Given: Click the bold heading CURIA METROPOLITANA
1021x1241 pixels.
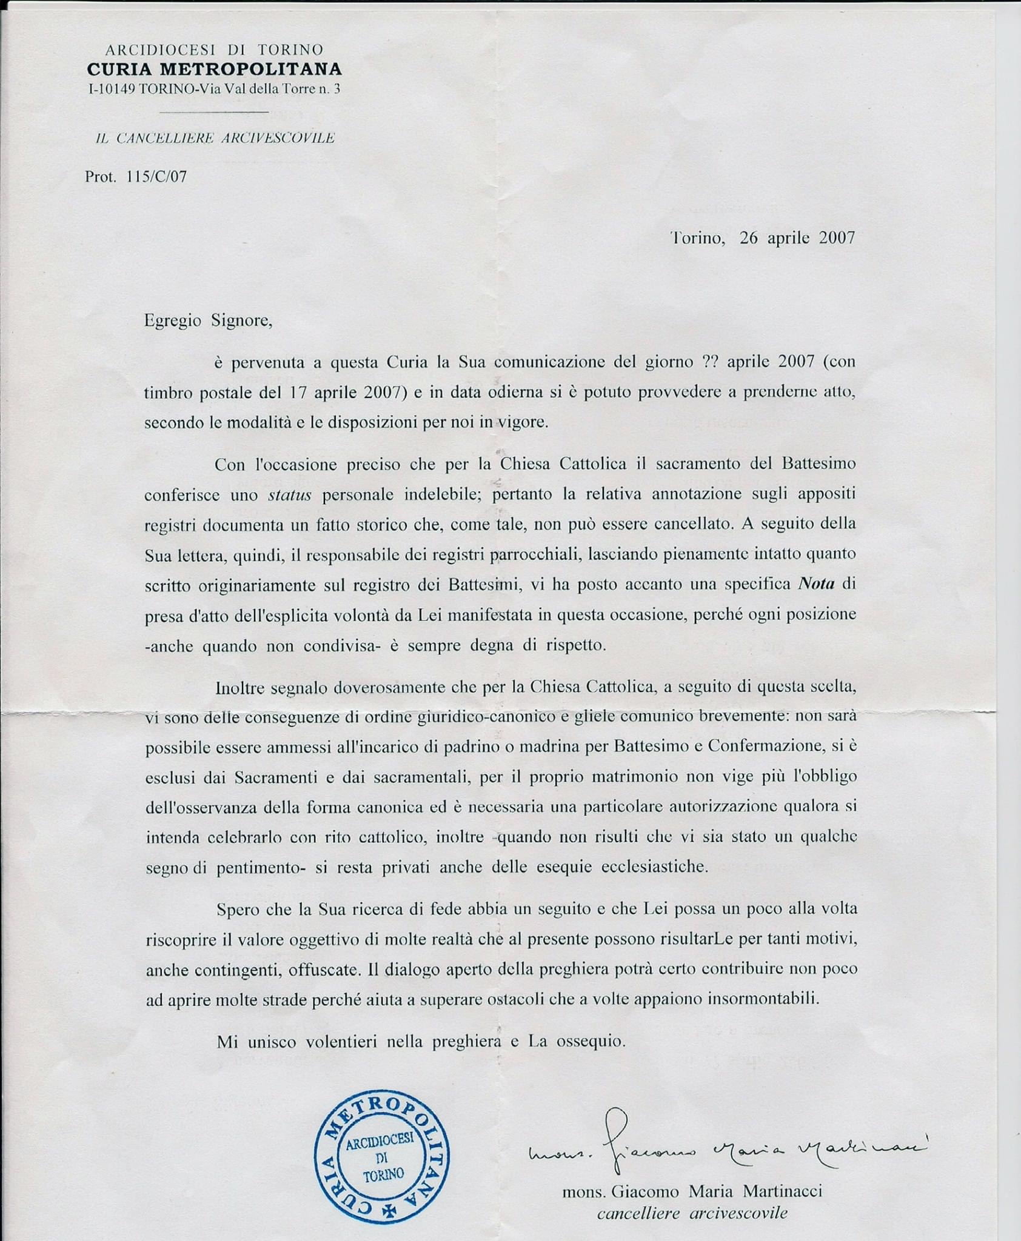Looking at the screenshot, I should tap(214, 69).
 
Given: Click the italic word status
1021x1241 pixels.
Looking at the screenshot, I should tap(289, 495).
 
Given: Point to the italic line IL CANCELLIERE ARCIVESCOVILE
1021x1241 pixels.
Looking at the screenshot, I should tap(215, 138).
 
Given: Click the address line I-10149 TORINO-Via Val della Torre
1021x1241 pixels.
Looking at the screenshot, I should tap(214, 89).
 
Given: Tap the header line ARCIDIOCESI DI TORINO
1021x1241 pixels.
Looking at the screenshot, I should tap(214, 49).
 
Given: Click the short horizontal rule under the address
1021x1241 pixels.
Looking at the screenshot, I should tap(214, 112).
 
